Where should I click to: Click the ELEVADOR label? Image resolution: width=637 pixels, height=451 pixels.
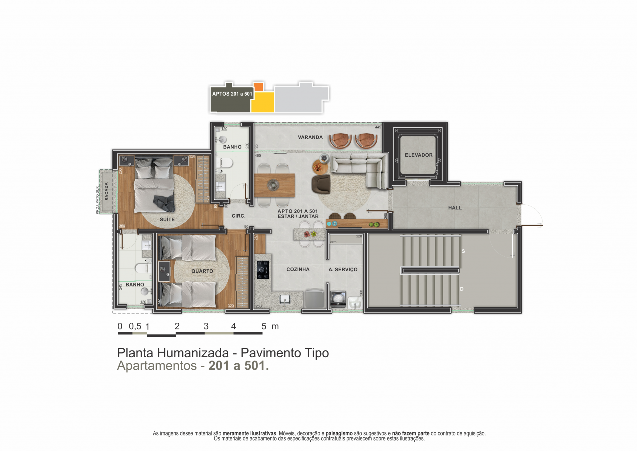coord(418,155)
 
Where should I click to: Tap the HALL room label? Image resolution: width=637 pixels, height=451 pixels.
coord(455,208)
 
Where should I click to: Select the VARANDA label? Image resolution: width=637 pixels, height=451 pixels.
coord(310,137)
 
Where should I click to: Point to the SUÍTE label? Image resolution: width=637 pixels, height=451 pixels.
coord(167,219)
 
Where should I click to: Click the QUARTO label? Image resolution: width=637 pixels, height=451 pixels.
coord(202,271)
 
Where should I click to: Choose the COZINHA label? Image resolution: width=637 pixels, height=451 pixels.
coord(298,269)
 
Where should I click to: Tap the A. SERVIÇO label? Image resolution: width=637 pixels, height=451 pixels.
coord(343,269)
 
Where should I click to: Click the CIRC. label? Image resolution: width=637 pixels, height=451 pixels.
coord(239,216)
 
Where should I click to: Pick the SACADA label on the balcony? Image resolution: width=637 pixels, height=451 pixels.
coord(106,191)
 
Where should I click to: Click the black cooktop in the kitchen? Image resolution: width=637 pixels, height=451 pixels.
coord(263,270)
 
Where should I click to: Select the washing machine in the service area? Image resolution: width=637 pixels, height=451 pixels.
coord(338,299)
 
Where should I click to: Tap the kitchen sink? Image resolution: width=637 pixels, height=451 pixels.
coord(285,300)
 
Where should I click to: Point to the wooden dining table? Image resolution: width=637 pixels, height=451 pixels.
coord(274,185)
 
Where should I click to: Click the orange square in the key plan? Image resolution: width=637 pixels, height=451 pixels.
coord(258,87)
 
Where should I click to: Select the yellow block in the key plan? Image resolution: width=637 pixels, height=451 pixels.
coord(263,102)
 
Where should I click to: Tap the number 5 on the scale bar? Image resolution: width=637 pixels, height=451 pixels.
coord(264,326)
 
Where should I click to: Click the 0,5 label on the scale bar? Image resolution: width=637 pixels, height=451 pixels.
coord(135,326)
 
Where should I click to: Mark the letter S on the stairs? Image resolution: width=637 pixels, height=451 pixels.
coord(463,251)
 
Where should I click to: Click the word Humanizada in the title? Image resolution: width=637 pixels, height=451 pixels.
coord(193,353)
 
